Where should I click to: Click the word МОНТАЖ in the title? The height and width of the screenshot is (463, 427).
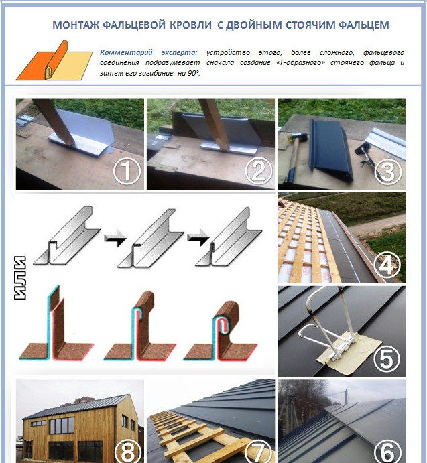tap(76, 25)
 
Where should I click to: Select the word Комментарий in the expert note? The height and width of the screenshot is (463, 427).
tap(126, 52)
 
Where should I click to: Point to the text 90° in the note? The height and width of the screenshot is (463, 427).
tap(194, 73)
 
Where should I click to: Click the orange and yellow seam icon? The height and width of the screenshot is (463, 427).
tap(55, 60)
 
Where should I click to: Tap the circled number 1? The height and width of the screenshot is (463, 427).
tap(127, 170)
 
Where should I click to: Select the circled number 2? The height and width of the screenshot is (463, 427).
tap(258, 170)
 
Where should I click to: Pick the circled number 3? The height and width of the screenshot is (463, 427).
tap(388, 170)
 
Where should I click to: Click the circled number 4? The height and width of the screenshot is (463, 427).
tap(387, 264)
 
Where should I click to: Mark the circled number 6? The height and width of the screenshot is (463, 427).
tap(387, 451)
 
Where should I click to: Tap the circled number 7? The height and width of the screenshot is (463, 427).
tap(258, 451)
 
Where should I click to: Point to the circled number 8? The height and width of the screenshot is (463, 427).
tap(127, 451)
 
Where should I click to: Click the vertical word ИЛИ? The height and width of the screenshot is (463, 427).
tap(20, 278)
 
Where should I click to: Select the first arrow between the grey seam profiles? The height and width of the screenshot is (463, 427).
tap(115, 237)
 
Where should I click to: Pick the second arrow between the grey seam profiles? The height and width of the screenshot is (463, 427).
tap(198, 237)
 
